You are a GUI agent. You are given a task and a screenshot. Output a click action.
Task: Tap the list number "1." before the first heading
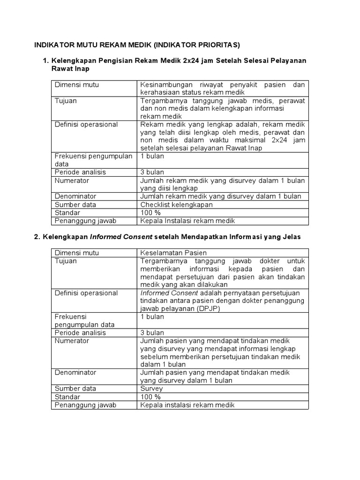pyautogui.click(x=46, y=61)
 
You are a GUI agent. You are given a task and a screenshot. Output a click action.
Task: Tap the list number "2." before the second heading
pyautogui.click(x=37, y=237)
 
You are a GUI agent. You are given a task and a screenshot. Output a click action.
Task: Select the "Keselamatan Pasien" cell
pyautogui.click(x=173, y=253)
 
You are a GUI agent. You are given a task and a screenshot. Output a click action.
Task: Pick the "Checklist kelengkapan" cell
pyautogui.click(x=176, y=205)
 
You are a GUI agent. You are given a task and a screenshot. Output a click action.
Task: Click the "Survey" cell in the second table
pyautogui.click(x=151, y=389)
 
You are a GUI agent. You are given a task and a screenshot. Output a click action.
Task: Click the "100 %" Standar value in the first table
pyautogui.click(x=150, y=213)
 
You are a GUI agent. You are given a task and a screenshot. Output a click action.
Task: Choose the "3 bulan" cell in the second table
pyautogui.click(x=152, y=333)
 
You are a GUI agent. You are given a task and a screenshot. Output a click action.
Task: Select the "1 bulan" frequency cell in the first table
pyautogui.click(x=152, y=156)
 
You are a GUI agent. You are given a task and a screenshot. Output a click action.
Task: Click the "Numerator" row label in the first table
pyautogui.click(x=72, y=180)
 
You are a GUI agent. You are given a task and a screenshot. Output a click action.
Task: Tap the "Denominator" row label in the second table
pyautogui.click(x=75, y=372)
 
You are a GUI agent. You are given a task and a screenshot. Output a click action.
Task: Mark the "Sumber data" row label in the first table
pyautogui.click(x=75, y=205)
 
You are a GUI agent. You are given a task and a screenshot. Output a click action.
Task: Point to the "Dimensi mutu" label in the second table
pyautogui.click(x=77, y=253)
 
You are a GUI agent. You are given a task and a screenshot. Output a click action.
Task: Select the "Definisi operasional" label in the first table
pyautogui.click(x=86, y=124)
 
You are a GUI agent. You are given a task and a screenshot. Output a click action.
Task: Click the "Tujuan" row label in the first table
pyautogui.click(x=66, y=100)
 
